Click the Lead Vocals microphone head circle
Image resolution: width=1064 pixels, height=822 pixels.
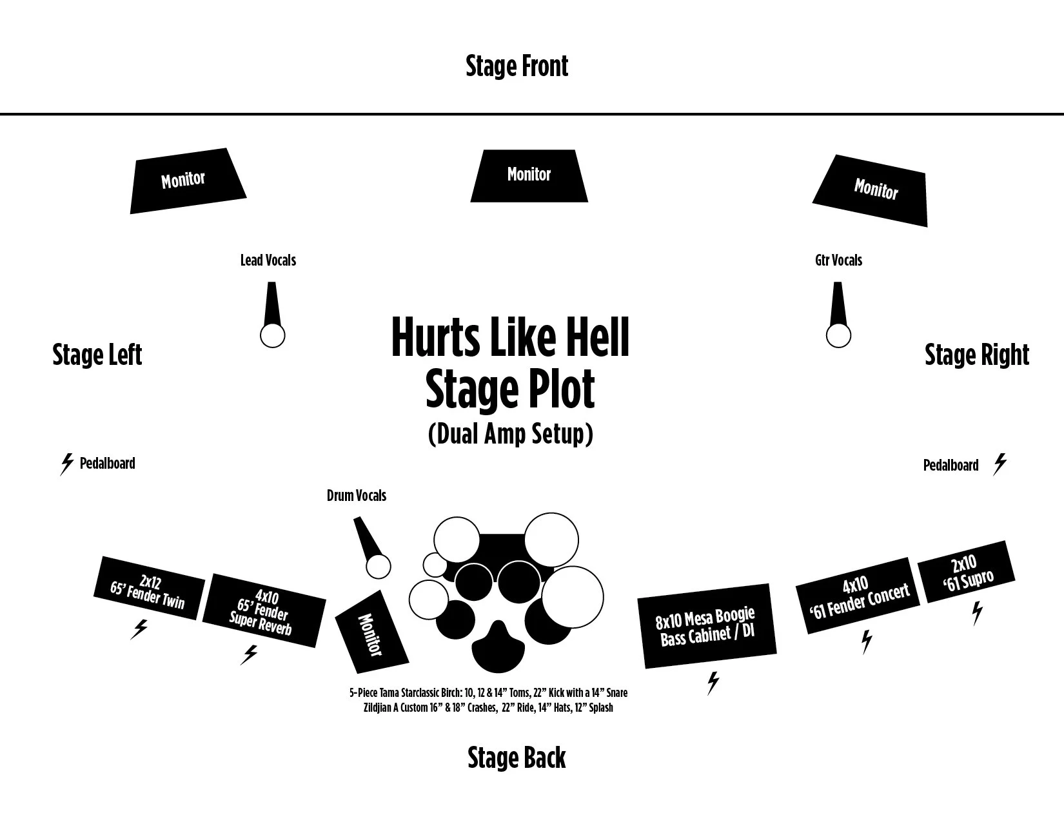[272, 335]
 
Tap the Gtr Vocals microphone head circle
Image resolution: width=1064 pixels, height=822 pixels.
[838, 335]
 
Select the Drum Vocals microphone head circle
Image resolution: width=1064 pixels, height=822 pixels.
[379, 567]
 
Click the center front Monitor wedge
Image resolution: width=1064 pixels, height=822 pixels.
[529, 175]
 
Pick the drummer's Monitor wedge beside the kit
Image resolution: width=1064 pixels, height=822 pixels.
[372, 632]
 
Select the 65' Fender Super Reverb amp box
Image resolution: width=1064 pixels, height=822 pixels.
[264, 610]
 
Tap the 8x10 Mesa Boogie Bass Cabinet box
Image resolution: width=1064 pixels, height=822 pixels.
[707, 626]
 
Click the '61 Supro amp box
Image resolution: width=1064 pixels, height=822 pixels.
[965, 571]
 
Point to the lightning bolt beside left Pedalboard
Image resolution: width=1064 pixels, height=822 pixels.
[66, 464]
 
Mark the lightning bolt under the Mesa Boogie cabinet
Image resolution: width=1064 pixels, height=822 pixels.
[713, 683]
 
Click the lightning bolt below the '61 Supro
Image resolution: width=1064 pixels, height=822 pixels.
[977, 612]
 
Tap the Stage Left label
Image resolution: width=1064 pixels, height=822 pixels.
[97, 355]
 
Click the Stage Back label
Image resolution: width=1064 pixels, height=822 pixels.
[517, 758]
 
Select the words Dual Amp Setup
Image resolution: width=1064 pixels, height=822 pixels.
[510, 434]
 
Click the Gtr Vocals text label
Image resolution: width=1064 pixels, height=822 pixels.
[838, 260]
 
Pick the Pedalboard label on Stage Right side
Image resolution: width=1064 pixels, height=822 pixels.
[951, 465]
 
